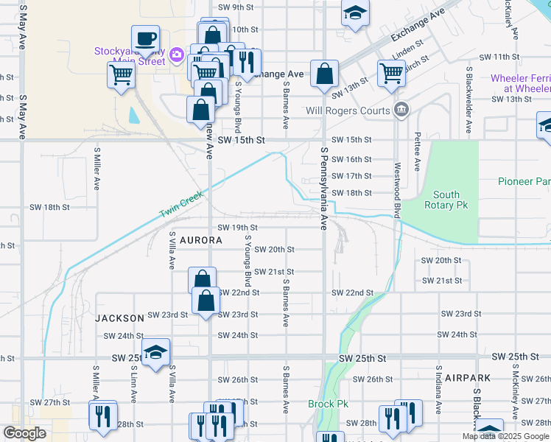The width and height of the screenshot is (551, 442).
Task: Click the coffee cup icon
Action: point(146,38)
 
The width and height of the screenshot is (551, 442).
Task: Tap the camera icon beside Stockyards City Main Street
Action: point(176,55)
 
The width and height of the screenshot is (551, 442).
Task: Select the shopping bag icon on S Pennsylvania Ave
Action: point(324,74)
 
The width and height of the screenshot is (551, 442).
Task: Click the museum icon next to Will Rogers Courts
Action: point(401,111)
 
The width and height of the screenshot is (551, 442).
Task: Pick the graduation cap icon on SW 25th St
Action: point(156,353)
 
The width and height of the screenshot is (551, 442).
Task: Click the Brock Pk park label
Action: point(328,404)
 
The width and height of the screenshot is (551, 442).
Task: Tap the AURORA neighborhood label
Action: point(200,241)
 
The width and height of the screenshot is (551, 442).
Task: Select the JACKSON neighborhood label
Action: point(119,318)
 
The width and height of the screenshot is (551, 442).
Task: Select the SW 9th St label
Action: point(236,7)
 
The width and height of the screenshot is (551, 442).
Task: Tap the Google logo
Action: point(24,434)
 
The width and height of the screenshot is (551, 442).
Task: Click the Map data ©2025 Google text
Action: point(505,436)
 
